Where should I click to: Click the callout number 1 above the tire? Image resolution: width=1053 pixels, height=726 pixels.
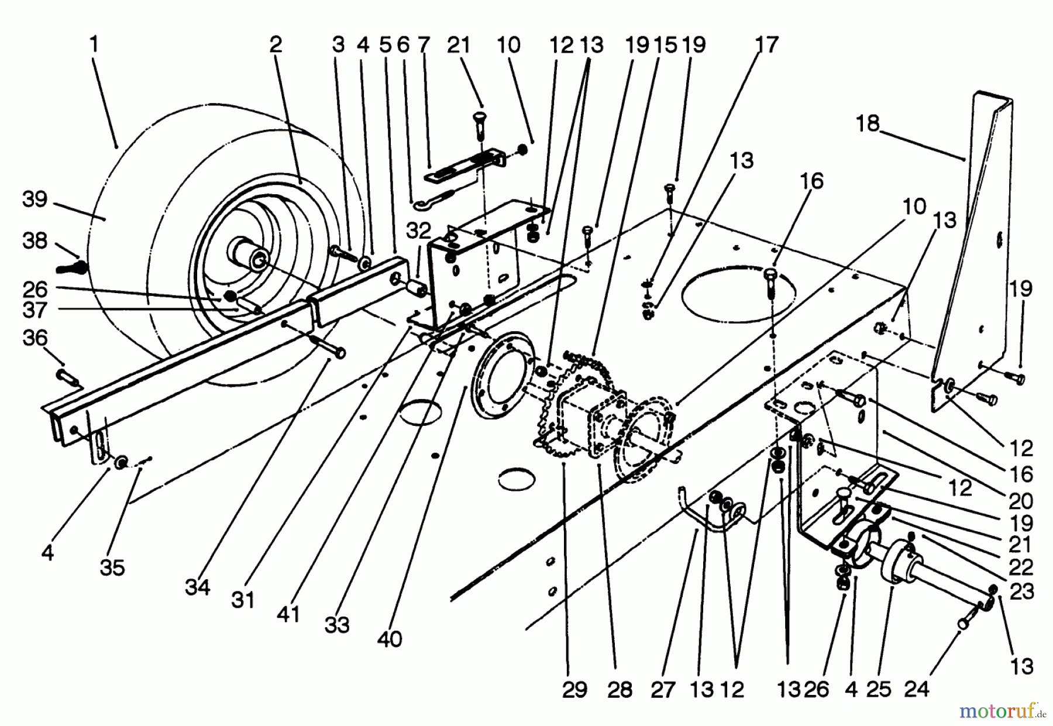pyautogui.click(x=94, y=44)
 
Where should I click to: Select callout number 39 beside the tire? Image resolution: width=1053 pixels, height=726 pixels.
pyautogui.click(x=35, y=199)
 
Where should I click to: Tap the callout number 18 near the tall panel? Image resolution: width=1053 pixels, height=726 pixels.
pyautogui.click(x=868, y=124)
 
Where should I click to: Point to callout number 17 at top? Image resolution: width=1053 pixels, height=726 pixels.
pyautogui.click(x=767, y=44)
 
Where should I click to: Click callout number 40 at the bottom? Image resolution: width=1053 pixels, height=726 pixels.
pyautogui.click(x=390, y=639)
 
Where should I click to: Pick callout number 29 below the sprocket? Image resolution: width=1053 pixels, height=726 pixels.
pyautogui.click(x=574, y=690)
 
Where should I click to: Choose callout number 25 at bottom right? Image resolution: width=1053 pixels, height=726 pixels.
pyautogui.click(x=879, y=690)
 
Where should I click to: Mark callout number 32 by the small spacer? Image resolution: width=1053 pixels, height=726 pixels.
pyautogui.click(x=418, y=232)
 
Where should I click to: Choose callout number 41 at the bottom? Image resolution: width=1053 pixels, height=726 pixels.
pyautogui.click(x=288, y=614)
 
